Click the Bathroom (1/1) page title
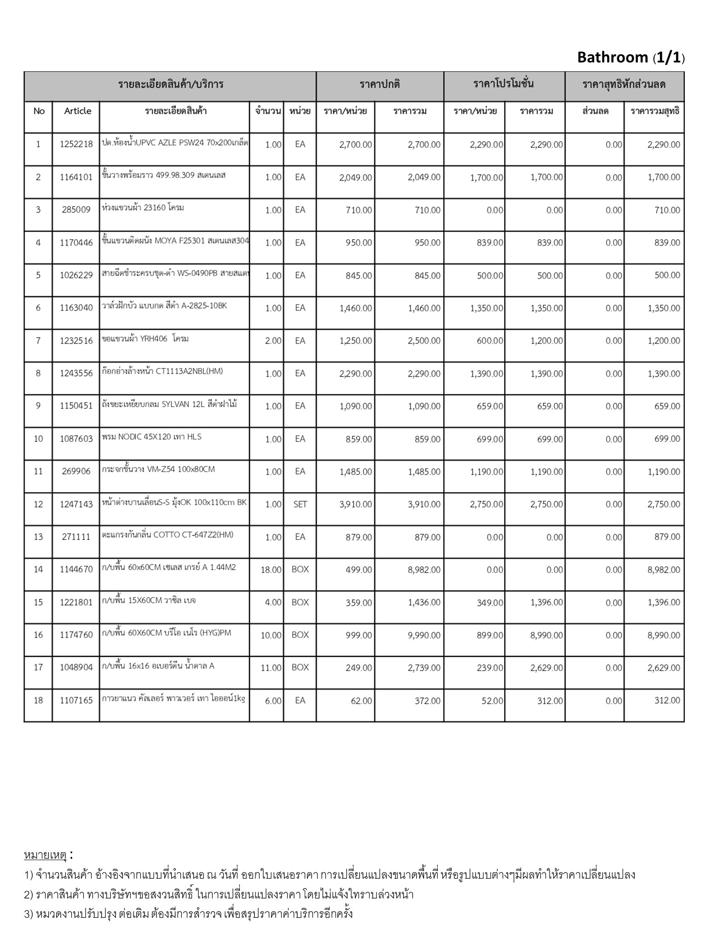[630, 57]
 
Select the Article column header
[77, 111]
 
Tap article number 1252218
[76, 144]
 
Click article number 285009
[76, 210]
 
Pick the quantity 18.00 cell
[271, 570]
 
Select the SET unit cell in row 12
[300, 505]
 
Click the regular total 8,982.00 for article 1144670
[423, 570]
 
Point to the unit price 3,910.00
[355, 505]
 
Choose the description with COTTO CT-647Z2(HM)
[168, 534]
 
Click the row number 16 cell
[38, 635]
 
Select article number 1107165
[76, 701]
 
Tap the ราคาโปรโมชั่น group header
[504, 84]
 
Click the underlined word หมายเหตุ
[46, 856]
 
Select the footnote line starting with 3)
[189, 913]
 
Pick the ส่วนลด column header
[595, 111]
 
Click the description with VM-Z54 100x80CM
[158, 470]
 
